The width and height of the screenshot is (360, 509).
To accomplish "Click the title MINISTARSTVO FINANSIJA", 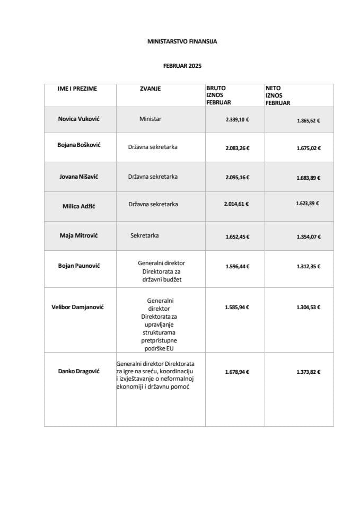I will coord(182,41).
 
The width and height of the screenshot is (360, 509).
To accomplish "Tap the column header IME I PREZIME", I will coord(77,89).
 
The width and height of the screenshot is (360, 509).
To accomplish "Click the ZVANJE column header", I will coord(150,89).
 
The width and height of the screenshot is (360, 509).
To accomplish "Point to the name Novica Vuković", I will coord(78,119).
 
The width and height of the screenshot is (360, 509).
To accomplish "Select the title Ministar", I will coord(150,119).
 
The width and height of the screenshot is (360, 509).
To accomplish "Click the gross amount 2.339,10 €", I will coord(237,120).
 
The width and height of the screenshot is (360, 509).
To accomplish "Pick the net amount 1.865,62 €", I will coord(308,120).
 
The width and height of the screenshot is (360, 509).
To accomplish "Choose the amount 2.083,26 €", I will coord(237,148).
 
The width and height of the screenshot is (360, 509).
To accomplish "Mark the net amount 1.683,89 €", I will coord(308,178).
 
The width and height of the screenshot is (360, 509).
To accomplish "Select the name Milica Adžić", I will coord(78,206).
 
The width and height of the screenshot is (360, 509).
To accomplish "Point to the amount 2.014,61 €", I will coord(236,203).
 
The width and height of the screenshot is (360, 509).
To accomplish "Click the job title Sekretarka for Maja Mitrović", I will coord(145,234).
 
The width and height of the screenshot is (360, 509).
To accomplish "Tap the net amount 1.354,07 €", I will coord(308,236).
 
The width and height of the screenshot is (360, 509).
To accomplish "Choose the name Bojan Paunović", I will coord(78,264).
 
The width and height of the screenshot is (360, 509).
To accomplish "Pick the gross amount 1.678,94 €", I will coord(237,373).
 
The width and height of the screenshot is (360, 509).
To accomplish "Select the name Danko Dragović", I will coord(78,371).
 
